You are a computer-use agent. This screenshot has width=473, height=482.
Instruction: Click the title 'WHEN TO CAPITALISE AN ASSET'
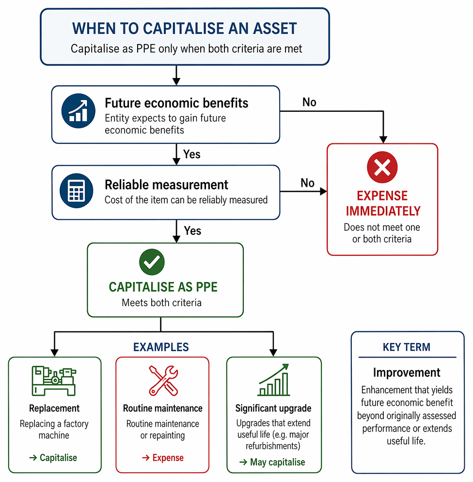point(185,28)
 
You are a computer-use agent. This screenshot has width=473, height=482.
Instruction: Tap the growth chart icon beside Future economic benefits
point(79,110)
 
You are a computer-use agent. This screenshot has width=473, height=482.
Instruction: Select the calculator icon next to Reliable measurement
point(77,190)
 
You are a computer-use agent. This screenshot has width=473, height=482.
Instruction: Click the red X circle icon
point(382,167)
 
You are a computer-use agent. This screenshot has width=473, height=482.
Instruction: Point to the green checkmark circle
point(152,262)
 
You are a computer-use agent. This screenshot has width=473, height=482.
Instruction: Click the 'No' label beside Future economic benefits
point(309,102)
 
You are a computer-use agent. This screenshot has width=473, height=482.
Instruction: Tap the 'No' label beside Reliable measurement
point(307,183)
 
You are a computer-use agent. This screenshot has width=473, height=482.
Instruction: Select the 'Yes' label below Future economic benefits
point(191,154)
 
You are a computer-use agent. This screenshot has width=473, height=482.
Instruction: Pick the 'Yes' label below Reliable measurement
point(192,231)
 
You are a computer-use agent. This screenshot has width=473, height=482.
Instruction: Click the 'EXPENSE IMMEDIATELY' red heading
point(383,203)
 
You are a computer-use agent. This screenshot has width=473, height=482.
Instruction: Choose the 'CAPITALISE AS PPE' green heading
point(163,287)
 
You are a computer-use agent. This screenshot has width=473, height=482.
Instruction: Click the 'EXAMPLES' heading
point(161,347)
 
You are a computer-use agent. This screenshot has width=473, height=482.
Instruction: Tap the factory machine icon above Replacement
point(54,381)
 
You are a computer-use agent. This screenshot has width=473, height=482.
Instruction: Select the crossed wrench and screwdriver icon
point(163,380)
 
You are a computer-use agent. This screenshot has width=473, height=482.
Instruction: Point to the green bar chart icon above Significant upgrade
point(273,380)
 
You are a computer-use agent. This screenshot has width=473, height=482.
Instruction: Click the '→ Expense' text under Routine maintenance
point(163,458)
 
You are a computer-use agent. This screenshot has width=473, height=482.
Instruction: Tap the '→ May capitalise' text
point(272,462)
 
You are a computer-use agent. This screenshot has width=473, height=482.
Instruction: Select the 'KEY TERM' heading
point(407,347)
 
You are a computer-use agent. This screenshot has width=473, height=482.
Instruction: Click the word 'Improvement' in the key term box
point(407,373)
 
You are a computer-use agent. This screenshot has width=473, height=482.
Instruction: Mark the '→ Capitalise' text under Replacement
point(53,458)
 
